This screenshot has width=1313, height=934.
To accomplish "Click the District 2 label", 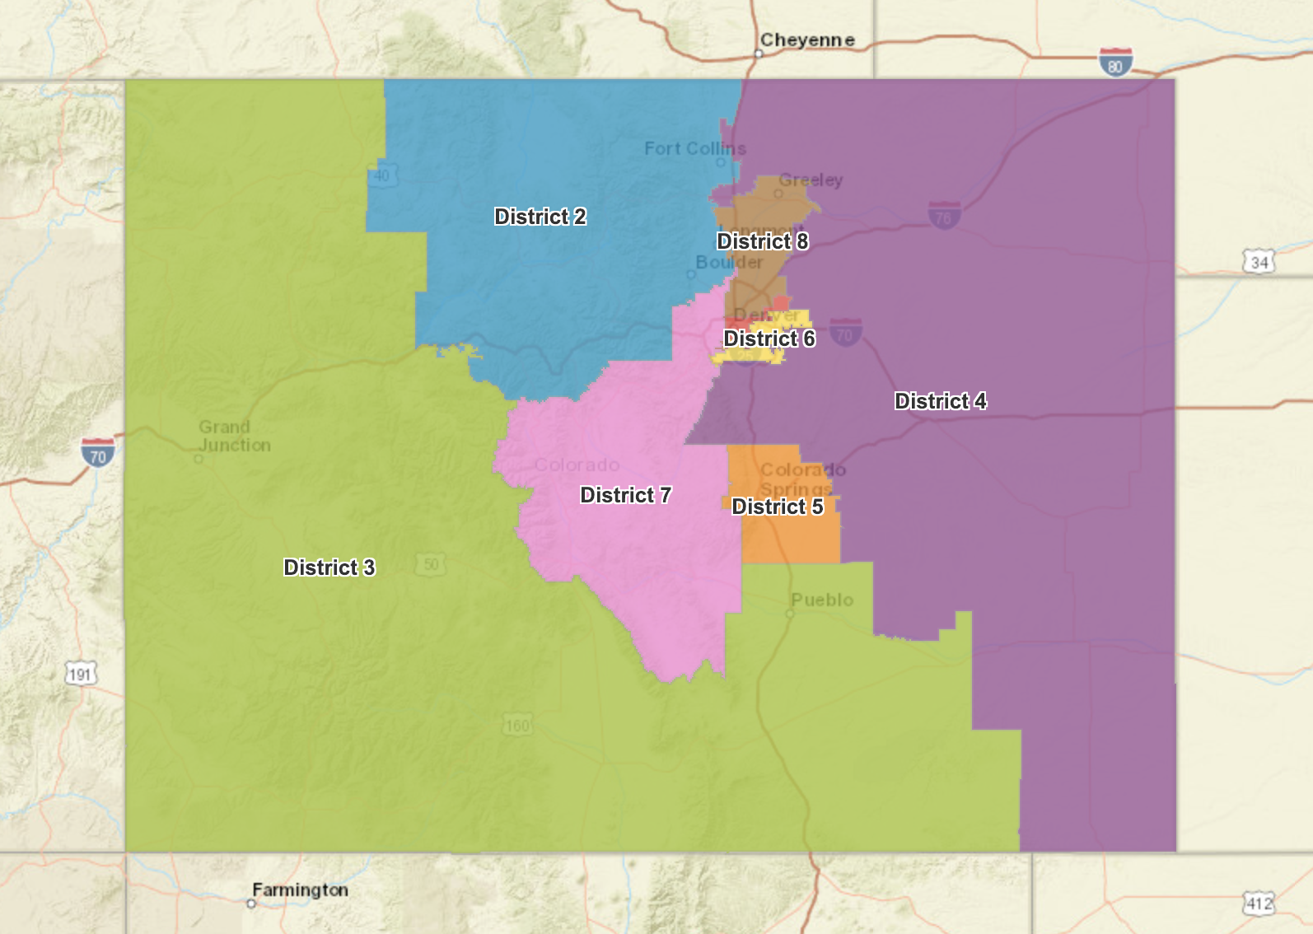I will tap(540, 217).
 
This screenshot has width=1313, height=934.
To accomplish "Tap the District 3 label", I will tap(329, 567).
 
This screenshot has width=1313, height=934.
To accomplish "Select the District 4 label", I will tap(940, 401).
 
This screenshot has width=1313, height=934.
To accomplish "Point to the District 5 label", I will tap(777, 507).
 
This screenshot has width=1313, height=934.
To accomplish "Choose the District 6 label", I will tap(769, 339).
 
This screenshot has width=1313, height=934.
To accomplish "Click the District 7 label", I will tap(625, 495).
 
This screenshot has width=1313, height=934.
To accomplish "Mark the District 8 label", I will tap(762, 241).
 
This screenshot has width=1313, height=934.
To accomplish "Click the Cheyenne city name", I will tap(806, 40).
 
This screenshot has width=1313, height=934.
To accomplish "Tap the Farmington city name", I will tap(300, 890).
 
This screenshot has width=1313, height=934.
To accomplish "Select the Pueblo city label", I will tap(821, 600).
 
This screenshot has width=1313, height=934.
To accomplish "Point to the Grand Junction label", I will tap(234, 436).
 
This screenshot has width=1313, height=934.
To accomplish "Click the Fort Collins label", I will tap(694, 148).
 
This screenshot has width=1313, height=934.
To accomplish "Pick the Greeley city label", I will tap(811, 180).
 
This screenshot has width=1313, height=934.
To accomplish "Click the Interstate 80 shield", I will tap(1115, 63).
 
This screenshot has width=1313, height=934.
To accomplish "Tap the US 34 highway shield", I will tap(1259, 263).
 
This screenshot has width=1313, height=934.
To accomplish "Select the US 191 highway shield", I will tap(80, 675).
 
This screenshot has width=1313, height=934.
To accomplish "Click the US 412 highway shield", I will tap(1258, 904).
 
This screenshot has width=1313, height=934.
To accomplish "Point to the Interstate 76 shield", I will tap(944, 216).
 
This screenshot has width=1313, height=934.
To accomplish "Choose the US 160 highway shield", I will tap(517, 726).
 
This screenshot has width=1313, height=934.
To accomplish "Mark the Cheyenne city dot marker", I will tap(759, 54).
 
